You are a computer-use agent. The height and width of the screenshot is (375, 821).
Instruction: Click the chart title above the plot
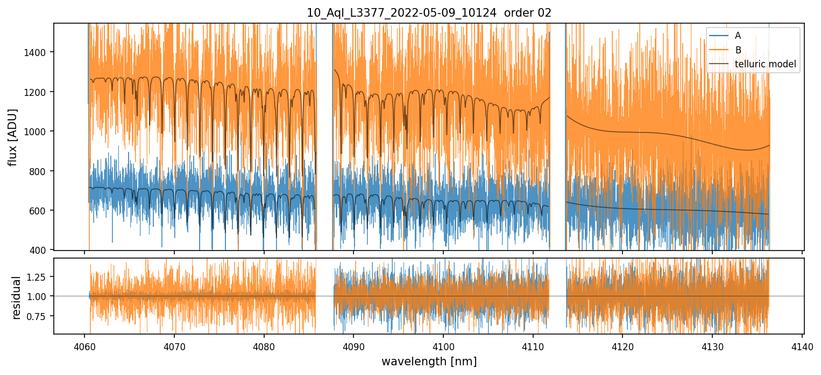429,13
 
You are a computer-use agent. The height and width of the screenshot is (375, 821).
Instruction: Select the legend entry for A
738,36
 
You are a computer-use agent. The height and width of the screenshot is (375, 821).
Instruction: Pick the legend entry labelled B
738,50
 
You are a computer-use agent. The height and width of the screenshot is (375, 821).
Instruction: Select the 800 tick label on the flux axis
39,171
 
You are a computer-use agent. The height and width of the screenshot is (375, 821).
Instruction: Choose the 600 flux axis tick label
39,211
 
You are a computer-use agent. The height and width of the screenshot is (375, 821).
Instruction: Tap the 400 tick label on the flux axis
39,250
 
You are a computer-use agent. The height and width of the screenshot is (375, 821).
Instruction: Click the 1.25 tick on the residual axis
38,276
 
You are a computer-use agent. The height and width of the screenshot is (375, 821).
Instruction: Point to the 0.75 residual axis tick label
38,316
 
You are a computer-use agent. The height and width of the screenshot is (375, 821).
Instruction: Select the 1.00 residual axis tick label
38,296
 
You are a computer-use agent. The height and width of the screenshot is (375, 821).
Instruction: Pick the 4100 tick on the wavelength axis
443,345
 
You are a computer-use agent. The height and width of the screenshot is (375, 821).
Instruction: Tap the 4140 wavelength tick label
802,345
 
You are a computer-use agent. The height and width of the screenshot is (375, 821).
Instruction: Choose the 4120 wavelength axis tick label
622,345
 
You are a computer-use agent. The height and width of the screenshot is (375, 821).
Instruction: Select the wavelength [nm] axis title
429,362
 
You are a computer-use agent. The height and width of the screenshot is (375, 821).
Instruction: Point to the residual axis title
16,297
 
